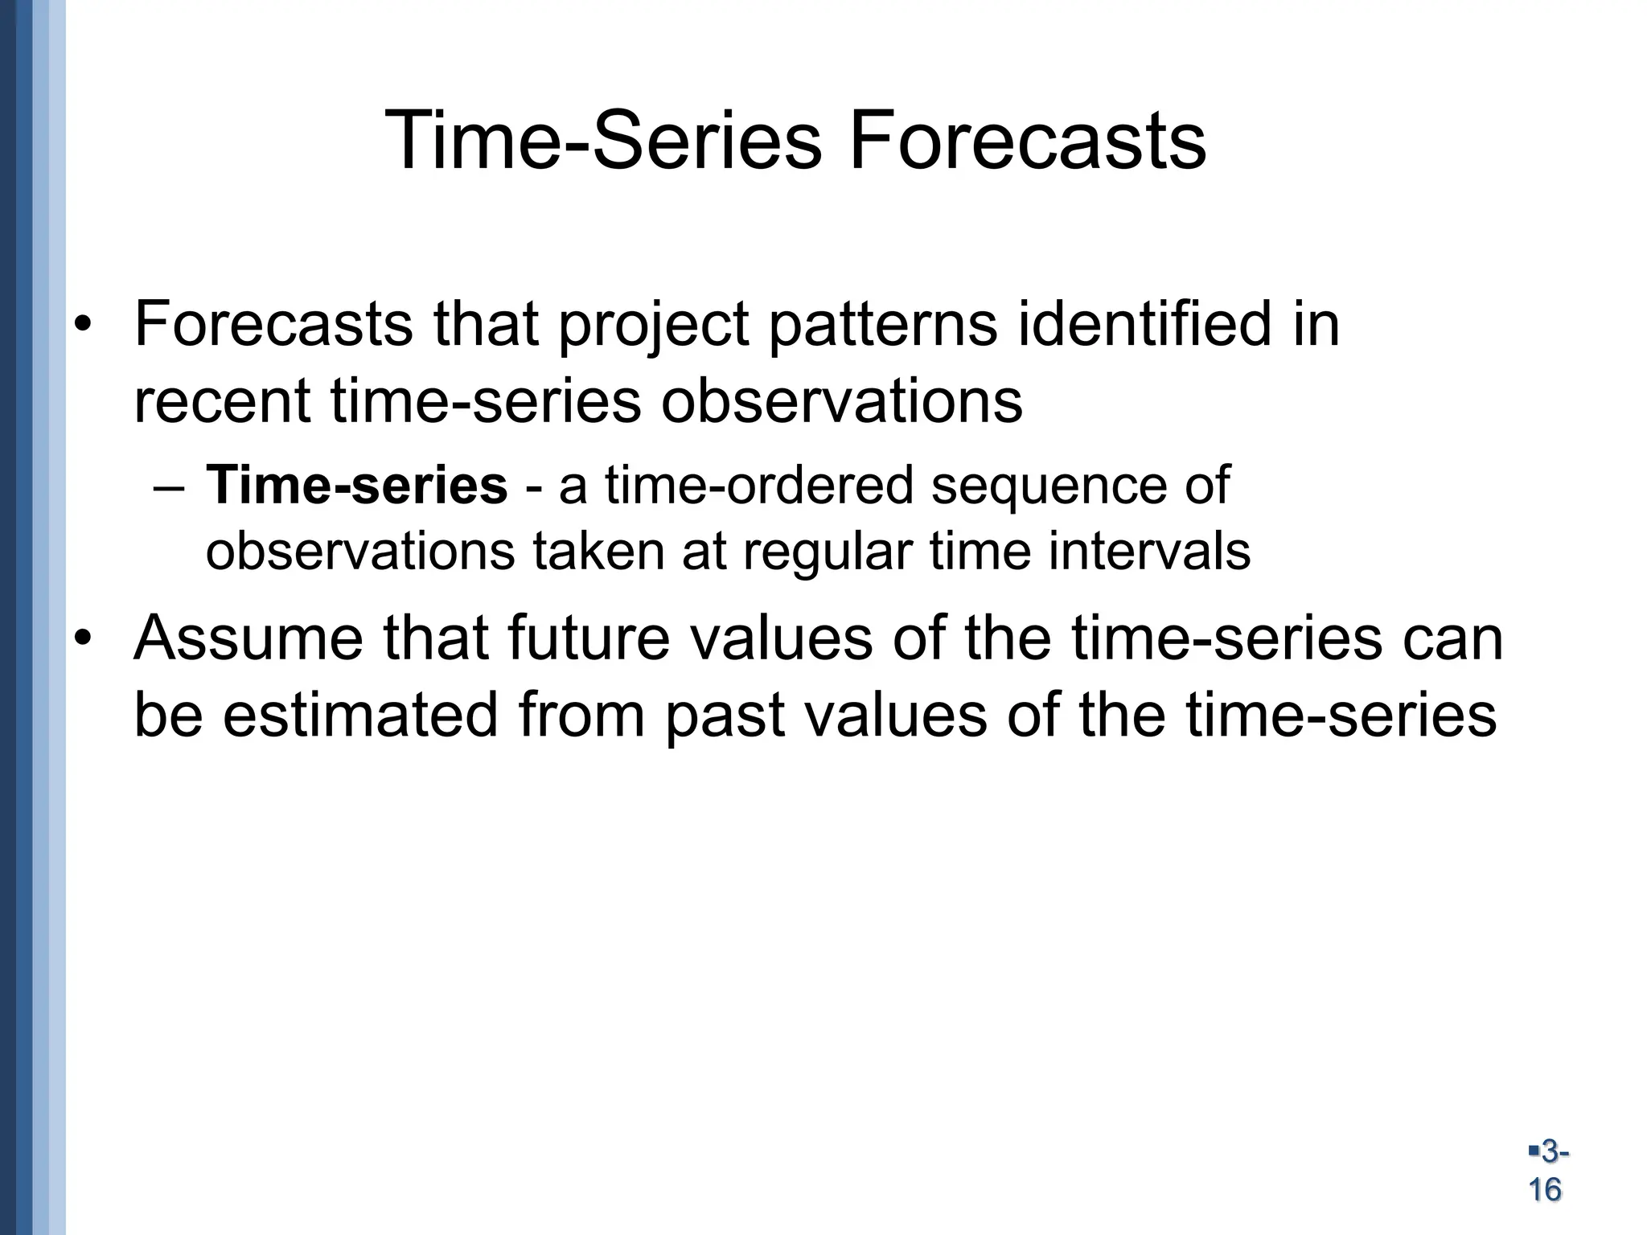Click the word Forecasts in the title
1027,142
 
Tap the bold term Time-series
357,486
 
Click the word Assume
248,638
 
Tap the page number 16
1545,1188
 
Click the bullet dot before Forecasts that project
84,326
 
